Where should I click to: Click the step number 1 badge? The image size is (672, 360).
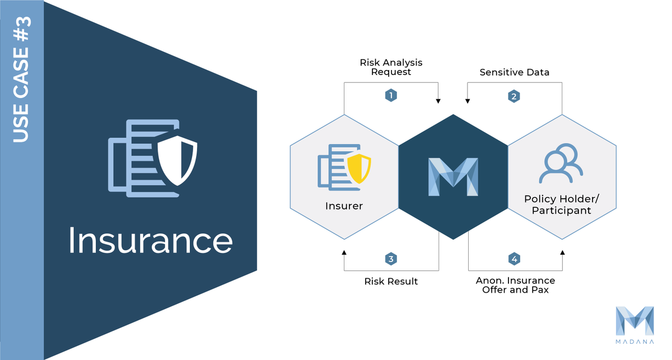pyautogui.click(x=391, y=95)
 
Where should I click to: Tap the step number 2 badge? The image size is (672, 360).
pyautogui.click(x=514, y=96)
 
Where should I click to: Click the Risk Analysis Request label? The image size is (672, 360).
pyautogui.click(x=391, y=67)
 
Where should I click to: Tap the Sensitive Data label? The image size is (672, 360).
pyautogui.click(x=515, y=72)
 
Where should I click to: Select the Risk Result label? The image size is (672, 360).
pyautogui.click(x=391, y=281)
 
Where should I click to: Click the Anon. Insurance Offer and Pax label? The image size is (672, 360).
pyautogui.click(x=515, y=285)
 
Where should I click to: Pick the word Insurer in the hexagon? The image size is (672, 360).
pyautogui.click(x=344, y=205)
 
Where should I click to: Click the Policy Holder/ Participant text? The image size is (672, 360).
pyautogui.click(x=562, y=205)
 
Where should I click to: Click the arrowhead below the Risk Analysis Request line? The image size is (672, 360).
pyautogui.click(x=438, y=101)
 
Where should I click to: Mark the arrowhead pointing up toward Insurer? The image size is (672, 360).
pyautogui.click(x=344, y=253)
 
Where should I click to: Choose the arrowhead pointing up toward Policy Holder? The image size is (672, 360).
pyautogui.click(x=562, y=253)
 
